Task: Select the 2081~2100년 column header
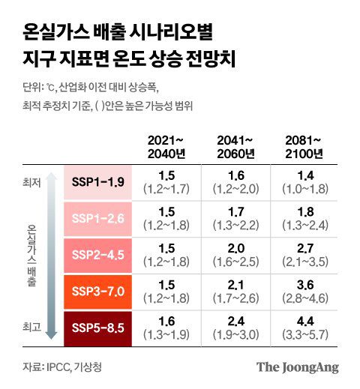(x=305, y=147)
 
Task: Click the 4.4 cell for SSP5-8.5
(x=305, y=327)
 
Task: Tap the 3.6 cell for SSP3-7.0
(x=305, y=291)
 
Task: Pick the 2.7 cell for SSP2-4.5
(x=305, y=255)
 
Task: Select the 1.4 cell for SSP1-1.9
(x=305, y=182)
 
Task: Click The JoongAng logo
(x=298, y=367)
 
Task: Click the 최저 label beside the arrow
(x=30, y=181)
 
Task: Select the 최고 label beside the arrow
(x=30, y=327)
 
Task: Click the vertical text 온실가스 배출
(x=30, y=255)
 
